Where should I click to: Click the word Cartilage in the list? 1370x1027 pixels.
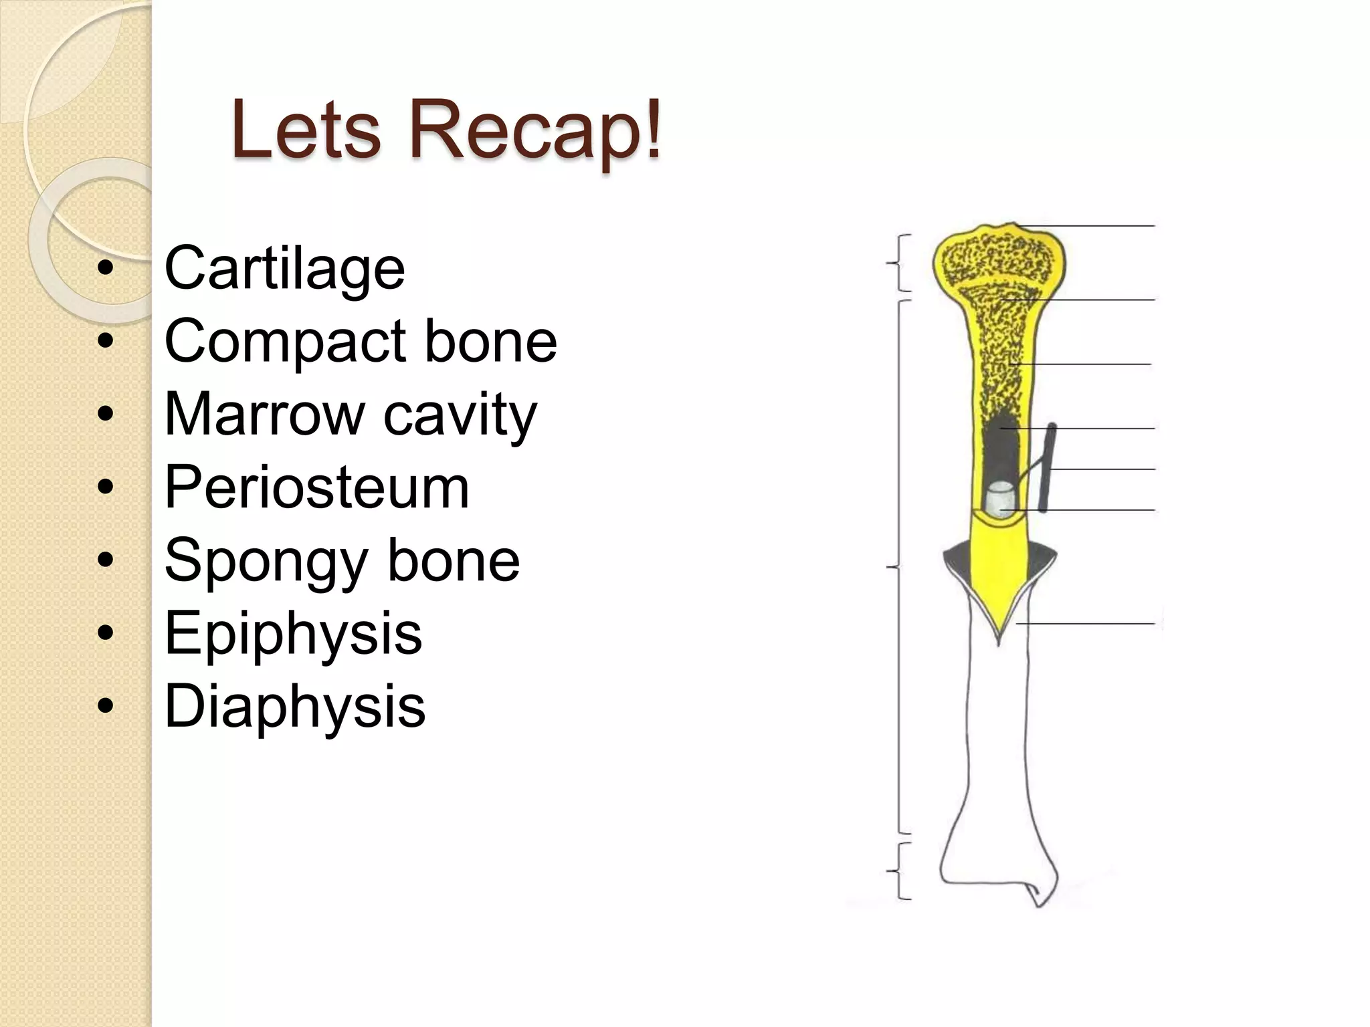coord(284,268)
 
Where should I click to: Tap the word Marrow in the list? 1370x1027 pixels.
coord(264,415)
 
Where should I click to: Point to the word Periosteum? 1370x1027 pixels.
coord(316,487)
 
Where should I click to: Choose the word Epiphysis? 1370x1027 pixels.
coord(293,633)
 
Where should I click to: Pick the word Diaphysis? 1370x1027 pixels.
coord(294,706)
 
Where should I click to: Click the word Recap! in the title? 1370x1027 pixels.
coord(535,130)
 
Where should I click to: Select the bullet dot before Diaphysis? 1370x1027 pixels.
coord(105,706)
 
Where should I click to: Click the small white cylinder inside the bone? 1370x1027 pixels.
coord(1001,500)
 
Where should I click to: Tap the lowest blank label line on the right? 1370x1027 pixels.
coord(1087,624)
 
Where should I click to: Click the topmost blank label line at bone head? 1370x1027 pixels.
coord(1087,227)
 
